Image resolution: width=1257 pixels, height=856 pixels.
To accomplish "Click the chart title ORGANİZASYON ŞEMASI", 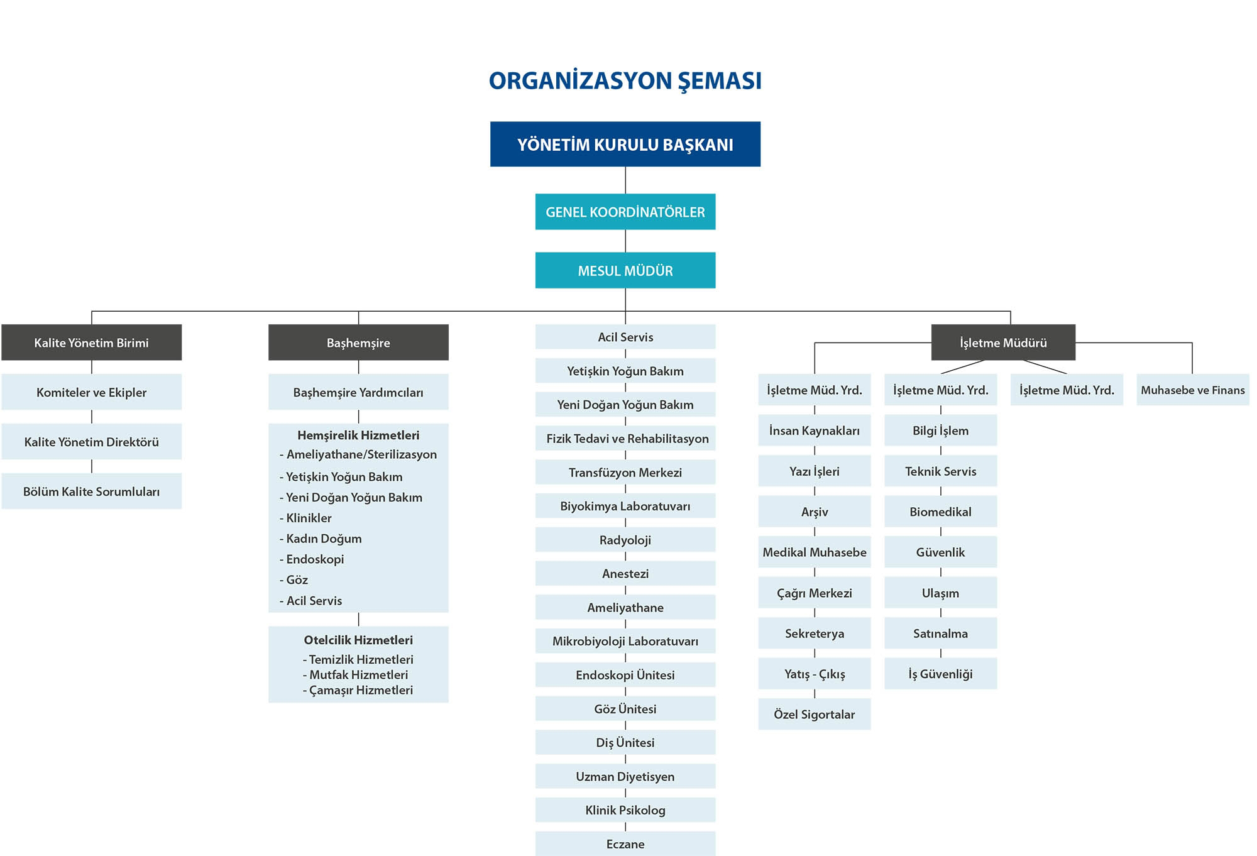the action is [625, 81].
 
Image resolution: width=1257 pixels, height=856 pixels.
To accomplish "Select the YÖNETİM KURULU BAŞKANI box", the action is [625, 144].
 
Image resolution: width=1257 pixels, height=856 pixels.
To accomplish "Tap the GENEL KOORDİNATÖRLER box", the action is [625, 212].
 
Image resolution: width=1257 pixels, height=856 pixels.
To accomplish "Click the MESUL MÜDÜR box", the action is [625, 270].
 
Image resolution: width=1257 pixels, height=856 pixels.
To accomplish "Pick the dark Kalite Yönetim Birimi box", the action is [92, 343].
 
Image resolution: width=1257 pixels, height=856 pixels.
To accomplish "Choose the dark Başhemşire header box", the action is [358, 343].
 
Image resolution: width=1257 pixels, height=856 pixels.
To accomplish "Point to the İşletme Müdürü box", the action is [1003, 343].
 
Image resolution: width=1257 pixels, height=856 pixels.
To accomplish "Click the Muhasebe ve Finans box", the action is [1193, 390].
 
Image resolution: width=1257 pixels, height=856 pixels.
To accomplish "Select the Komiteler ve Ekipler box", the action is [92, 392].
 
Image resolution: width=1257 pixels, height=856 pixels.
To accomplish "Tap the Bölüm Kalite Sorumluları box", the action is [92, 491].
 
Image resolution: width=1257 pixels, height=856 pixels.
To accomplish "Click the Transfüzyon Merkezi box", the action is [625, 472].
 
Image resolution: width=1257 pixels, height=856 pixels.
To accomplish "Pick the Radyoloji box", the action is [625, 540].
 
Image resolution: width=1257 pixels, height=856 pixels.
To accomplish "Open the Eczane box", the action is [625, 843].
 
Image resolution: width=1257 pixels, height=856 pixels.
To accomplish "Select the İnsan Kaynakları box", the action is [815, 431].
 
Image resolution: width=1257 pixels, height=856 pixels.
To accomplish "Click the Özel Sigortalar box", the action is [815, 714].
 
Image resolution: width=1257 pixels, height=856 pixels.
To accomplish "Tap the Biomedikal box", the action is [941, 512].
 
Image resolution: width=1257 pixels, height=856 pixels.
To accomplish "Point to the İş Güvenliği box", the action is [941, 674].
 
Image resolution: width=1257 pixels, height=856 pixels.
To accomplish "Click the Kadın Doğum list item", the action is [321, 539].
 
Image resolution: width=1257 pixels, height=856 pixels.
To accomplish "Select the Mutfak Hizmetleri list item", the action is [355, 674].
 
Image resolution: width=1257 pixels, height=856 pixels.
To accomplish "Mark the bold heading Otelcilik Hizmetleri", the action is [358, 640].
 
